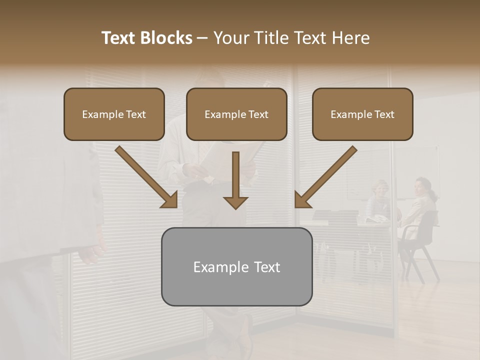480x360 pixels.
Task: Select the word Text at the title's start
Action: pyautogui.click(x=118, y=38)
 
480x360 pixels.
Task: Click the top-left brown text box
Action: pyautogui.click(x=114, y=114)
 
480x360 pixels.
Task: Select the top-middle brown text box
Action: pyautogui.click(x=236, y=114)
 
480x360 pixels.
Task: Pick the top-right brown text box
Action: pyautogui.click(x=362, y=114)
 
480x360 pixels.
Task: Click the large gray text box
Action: pyautogui.click(x=236, y=266)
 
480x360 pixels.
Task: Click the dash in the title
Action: pyautogui.click(x=202, y=38)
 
